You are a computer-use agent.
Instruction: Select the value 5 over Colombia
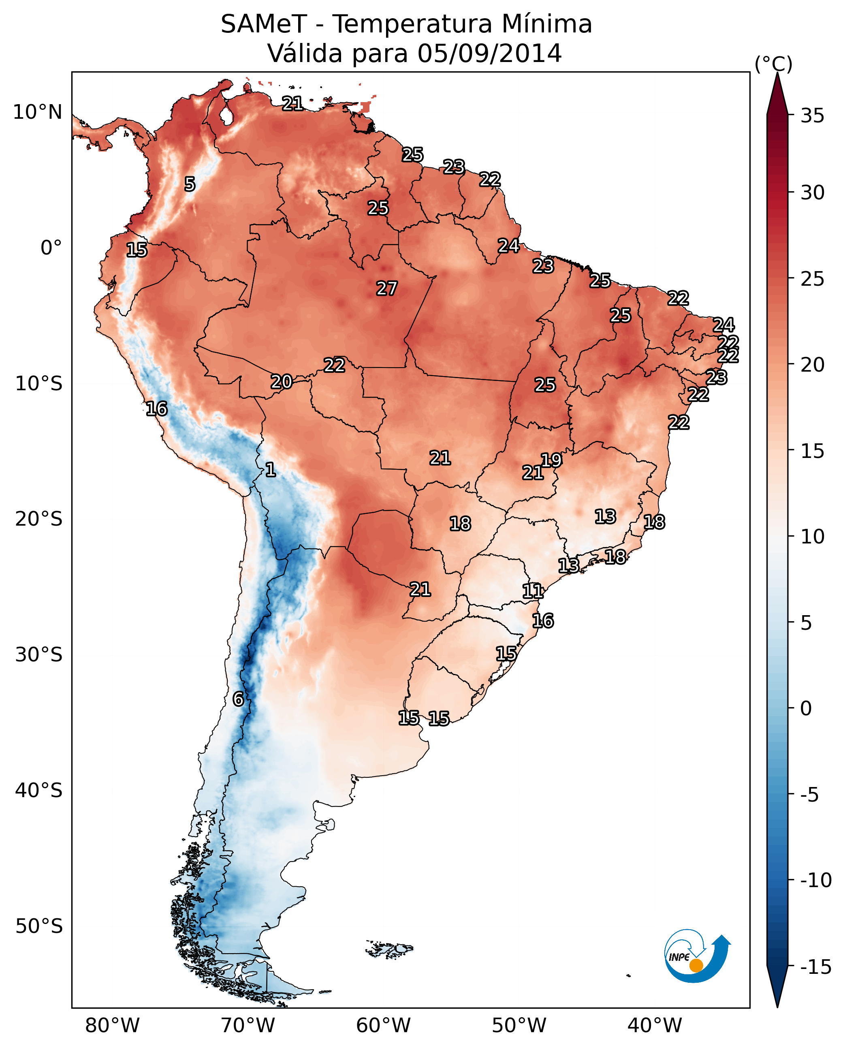(190, 184)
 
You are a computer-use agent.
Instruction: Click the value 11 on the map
(533, 591)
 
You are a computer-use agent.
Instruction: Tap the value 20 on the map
(282, 382)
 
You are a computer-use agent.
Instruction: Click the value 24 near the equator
(508, 246)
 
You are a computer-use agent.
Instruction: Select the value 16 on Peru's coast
(156, 409)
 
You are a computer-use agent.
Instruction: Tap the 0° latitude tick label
(51, 248)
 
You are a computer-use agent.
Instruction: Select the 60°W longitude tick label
(384, 1026)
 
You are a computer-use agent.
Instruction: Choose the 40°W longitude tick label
(655, 1026)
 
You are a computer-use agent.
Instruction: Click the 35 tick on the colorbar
(812, 116)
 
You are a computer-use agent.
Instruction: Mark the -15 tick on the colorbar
(815, 967)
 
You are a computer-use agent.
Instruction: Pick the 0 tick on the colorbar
(806, 708)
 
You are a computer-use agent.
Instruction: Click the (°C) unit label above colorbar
(773, 64)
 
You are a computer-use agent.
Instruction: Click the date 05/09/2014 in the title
(489, 53)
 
